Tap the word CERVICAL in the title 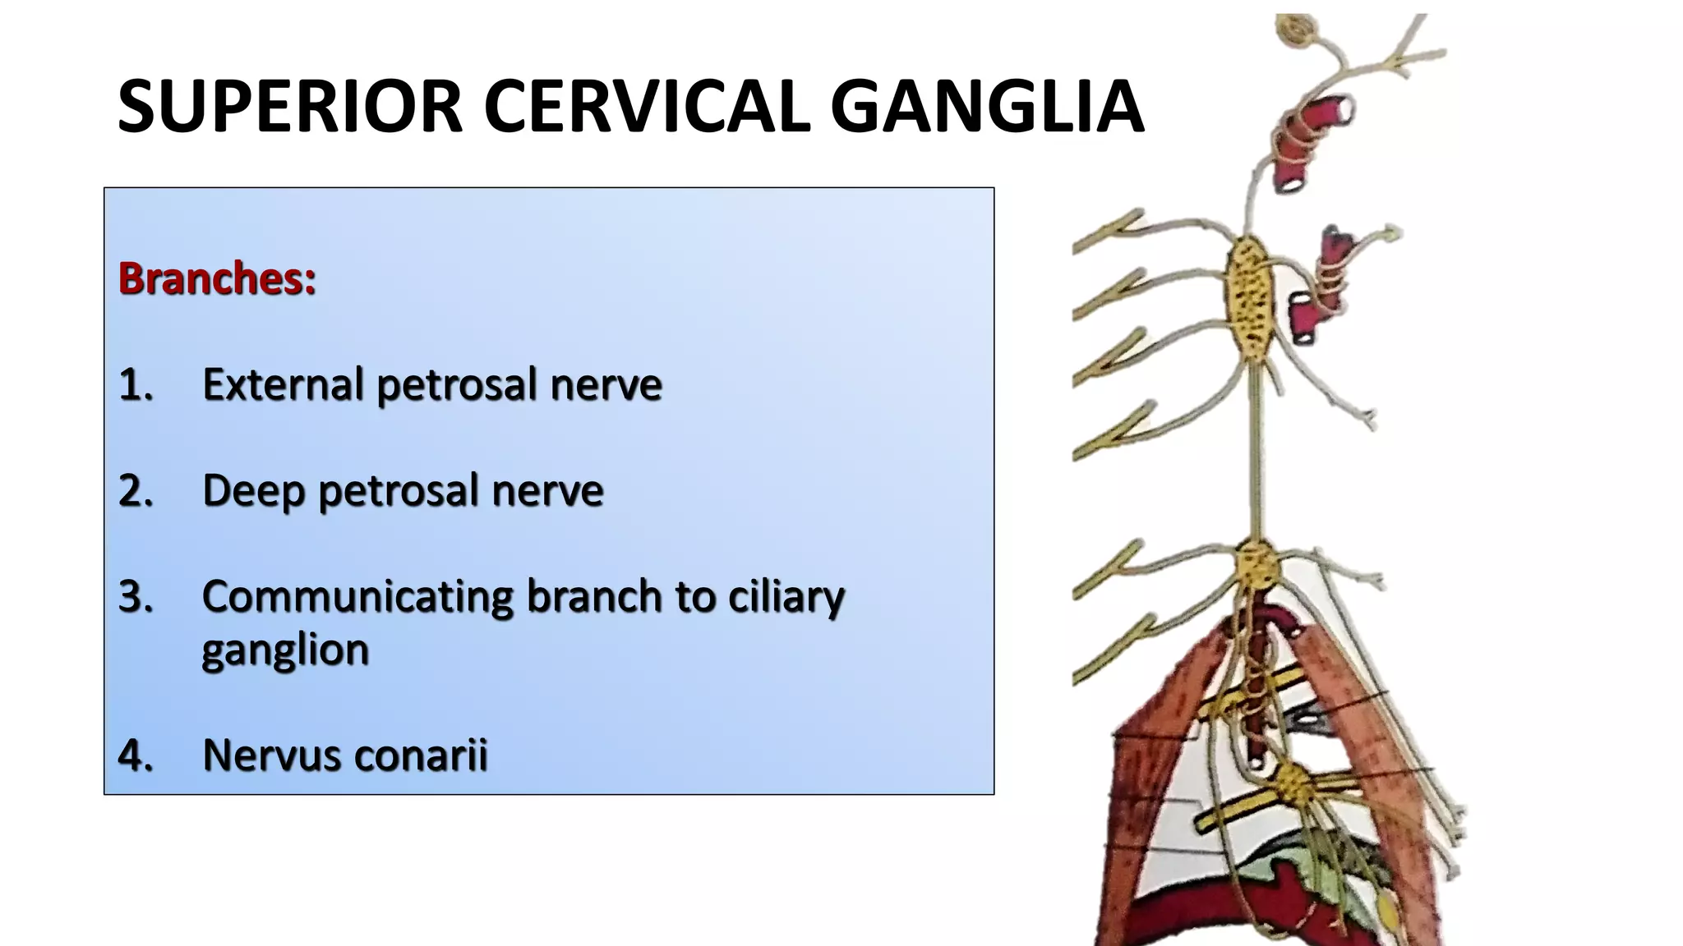point(647,107)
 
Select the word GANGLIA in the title point(987,107)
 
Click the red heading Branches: point(217,278)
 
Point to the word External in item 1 point(283,384)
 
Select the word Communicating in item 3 point(357,596)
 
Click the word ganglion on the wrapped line point(285,651)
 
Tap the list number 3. point(136,596)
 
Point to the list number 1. point(136,384)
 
